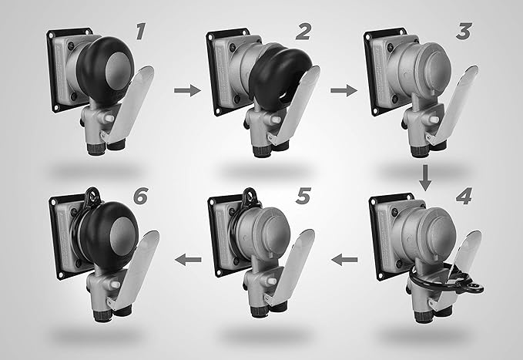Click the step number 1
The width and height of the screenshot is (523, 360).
[141, 32]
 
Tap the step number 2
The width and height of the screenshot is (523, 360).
[303, 32]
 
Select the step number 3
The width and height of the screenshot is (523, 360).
[464, 32]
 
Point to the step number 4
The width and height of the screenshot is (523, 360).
[464, 196]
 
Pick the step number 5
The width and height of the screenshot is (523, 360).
[303, 196]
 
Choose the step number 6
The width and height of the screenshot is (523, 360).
[140, 196]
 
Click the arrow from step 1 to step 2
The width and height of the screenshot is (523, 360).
[187, 90]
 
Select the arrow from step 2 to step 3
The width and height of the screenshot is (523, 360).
[344, 90]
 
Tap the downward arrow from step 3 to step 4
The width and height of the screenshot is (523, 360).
[425, 177]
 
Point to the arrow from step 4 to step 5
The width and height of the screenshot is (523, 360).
[344, 260]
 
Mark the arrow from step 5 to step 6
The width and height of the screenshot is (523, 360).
[188, 260]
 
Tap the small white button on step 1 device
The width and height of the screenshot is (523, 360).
[109, 119]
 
